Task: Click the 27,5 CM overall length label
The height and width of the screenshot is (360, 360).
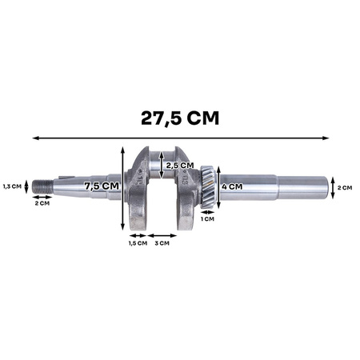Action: (180, 118)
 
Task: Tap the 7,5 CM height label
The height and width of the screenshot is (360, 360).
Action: (103, 186)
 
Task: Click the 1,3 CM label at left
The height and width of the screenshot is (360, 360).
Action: (10, 186)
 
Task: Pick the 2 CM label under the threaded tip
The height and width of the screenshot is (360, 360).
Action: (43, 204)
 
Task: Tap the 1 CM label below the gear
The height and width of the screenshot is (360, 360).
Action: (207, 218)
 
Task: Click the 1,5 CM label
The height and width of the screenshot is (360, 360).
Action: (136, 243)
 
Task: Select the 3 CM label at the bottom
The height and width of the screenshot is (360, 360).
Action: (161, 243)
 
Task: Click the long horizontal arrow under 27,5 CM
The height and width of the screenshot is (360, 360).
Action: (180, 138)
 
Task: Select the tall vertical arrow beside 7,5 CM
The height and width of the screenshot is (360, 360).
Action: (122, 188)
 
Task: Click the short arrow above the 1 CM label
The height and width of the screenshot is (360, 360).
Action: (207, 210)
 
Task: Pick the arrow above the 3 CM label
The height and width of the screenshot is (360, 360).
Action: (161, 235)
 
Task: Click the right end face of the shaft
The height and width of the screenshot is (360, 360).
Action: (330, 188)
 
